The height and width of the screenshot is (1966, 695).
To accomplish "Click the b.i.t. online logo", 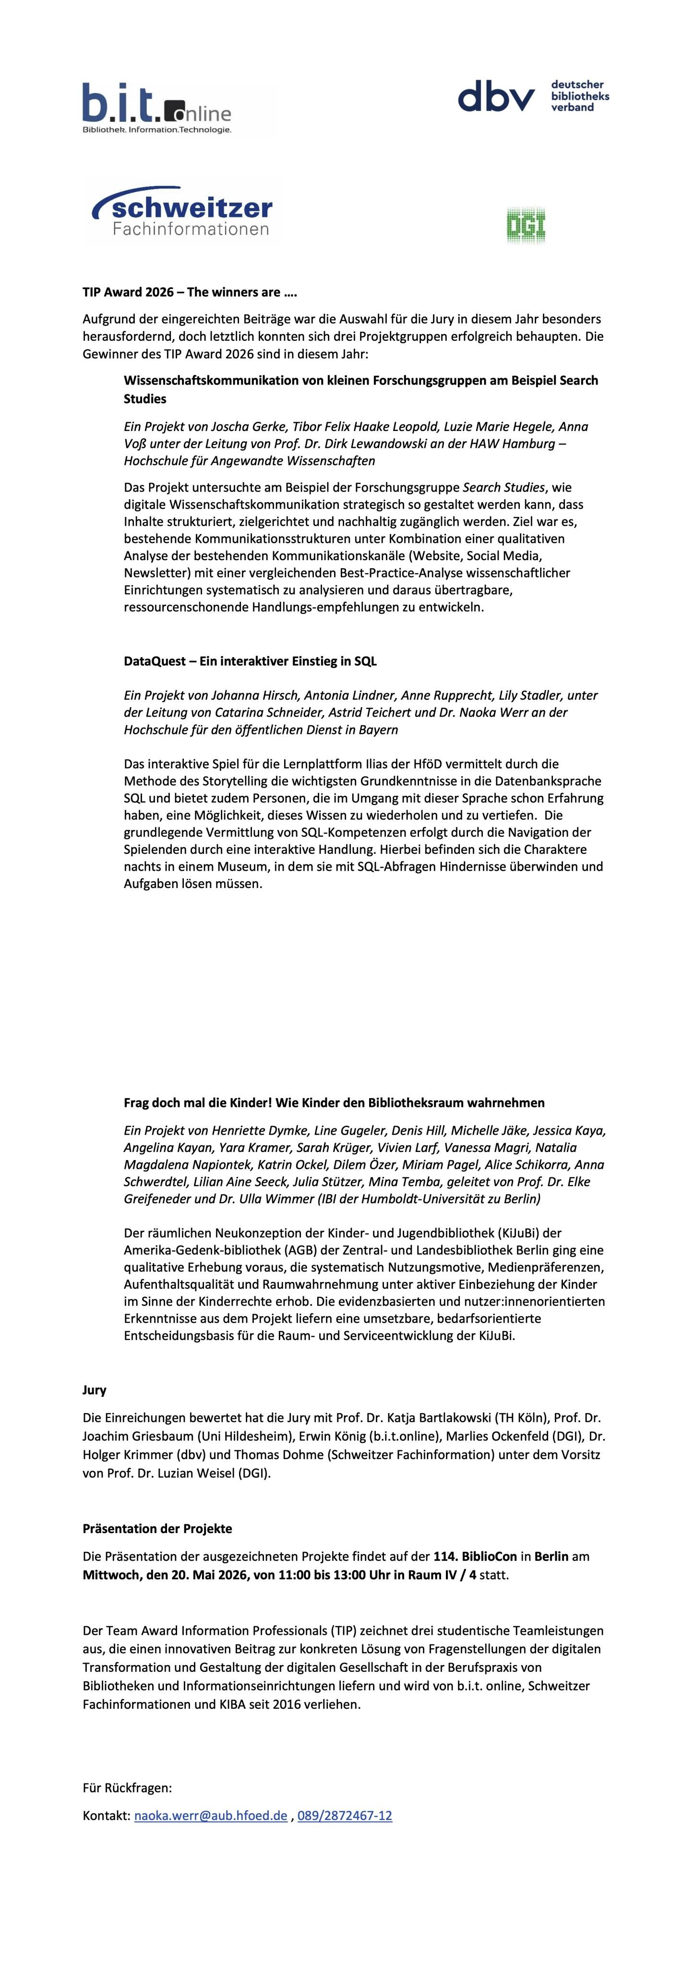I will (x=156, y=109).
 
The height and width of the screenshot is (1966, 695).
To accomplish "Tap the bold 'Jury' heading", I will (x=95, y=1390).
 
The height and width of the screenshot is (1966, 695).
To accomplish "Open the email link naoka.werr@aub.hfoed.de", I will (x=211, y=1816).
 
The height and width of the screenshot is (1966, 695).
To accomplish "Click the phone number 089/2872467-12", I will (x=345, y=1816).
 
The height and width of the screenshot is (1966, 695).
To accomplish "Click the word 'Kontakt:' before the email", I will (x=107, y=1816).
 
